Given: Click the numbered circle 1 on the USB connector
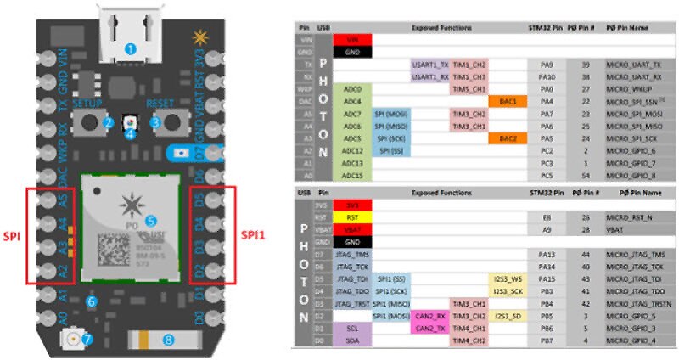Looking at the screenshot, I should [130, 49].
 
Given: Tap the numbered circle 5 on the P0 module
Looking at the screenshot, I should [151, 220].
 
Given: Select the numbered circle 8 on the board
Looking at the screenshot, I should [168, 340].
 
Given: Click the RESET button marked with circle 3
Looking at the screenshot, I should [155, 121].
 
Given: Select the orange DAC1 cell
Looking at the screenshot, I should [508, 101].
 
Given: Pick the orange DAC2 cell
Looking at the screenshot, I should [508, 138].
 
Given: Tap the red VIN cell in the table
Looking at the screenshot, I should [353, 39].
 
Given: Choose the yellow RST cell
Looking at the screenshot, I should [353, 217].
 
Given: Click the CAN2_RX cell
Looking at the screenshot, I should [429, 316].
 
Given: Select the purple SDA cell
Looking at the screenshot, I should [353, 340].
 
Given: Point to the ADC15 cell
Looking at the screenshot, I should [353, 176].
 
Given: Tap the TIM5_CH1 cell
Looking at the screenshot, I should [468, 89].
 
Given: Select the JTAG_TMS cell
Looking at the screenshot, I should [353, 254].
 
